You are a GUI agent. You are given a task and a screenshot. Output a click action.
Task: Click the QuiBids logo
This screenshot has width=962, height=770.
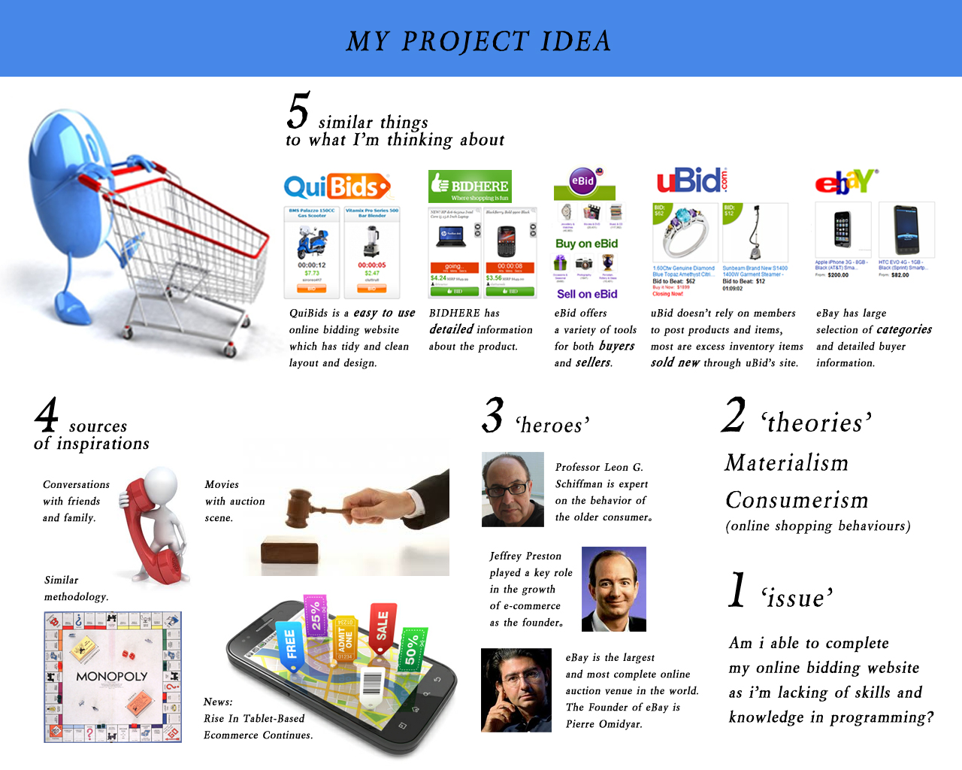(337, 186)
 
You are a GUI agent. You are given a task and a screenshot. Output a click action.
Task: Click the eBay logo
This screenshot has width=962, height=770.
(846, 181)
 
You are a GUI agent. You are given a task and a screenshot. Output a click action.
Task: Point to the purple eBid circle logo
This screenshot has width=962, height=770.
(582, 180)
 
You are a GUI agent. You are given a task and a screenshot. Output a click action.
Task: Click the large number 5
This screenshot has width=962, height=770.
(298, 111)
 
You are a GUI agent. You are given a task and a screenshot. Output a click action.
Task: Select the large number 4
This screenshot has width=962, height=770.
(47, 415)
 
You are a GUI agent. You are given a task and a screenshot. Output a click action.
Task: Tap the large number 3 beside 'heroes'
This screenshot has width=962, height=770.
(493, 416)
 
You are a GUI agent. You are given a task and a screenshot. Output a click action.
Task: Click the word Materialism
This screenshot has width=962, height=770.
(787, 463)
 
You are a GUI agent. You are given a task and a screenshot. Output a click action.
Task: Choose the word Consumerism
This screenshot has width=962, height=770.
(797, 500)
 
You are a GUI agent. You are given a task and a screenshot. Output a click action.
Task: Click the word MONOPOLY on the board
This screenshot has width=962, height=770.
(112, 677)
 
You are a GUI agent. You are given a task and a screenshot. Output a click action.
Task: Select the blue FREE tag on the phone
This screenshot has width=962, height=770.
(290, 645)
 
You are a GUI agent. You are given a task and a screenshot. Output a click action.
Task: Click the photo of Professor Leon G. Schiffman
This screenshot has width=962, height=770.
(513, 490)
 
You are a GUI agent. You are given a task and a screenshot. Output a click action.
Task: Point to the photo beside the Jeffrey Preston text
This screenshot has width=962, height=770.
(614, 589)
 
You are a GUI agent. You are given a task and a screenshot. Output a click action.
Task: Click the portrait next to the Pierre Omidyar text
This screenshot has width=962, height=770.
(516, 690)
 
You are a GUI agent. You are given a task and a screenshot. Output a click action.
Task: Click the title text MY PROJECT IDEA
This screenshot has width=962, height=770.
(479, 41)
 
